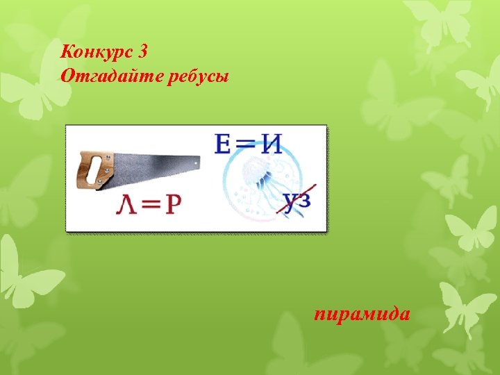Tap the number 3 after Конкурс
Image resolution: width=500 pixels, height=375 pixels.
tap(143, 51)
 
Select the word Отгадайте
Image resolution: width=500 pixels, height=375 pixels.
tap(112, 75)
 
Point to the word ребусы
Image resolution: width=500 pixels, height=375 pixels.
tap(197, 75)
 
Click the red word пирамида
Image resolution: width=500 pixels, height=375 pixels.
tap(362, 315)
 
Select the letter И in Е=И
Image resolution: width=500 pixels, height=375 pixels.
tap(270, 144)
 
